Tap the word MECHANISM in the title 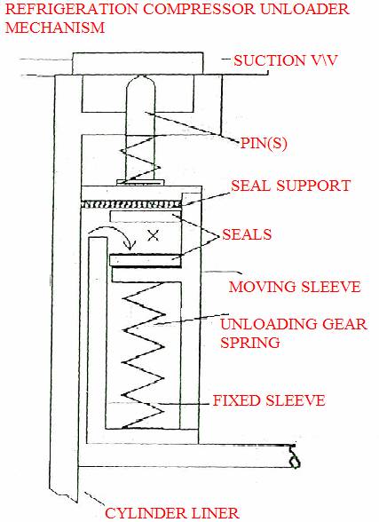[x=55, y=28]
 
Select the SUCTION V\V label [x=286, y=60]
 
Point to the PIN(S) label [x=264, y=143]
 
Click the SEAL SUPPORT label [x=291, y=186]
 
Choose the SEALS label [x=247, y=234]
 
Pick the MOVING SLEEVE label [x=295, y=287]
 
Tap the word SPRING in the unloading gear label [x=250, y=343]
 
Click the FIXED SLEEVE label [x=269, y=400]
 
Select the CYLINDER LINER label [x=172, y=513]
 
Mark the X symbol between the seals [x=153, y=236]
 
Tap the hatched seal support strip [x=131, y=204]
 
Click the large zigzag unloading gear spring [x=144, y=355]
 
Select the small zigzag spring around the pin [x=140, y=159]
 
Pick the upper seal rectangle [x=145, y=217]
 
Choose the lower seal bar [x=146, y=260]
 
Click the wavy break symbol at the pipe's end [x=294, y=456]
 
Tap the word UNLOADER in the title [x=304, y=9]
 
